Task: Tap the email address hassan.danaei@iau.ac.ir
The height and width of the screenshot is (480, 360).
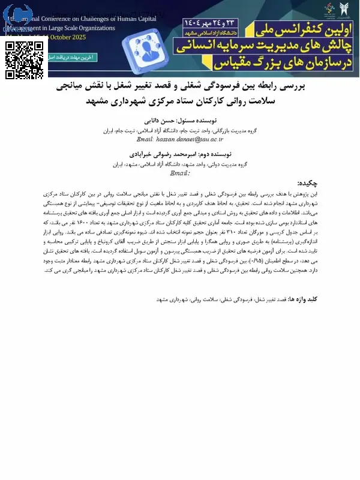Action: click(181, 139)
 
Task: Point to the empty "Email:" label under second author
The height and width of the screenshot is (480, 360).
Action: click(180, 173)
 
